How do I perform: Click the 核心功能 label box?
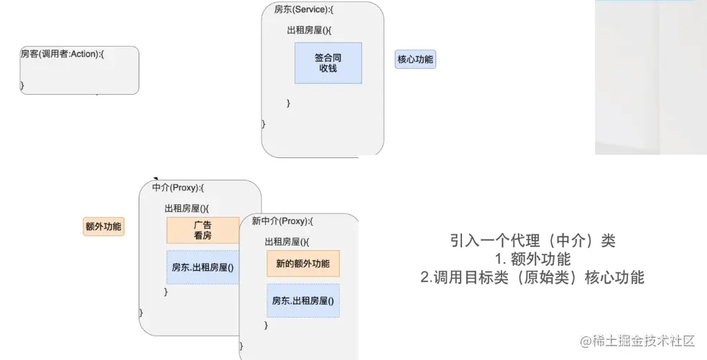(415, 60)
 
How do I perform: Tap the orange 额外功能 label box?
(103, 227)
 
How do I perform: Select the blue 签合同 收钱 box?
(328, 63)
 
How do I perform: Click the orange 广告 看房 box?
(203, 230)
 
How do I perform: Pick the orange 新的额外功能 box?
(302, 264)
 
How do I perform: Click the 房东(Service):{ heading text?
(304, 10)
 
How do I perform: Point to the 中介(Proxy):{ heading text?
(179, 188)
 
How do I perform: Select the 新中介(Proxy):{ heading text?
(282, 221)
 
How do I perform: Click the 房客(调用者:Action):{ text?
(63, 54)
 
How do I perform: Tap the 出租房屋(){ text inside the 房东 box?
(308, 30)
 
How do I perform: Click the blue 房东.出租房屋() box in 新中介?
(302, 301)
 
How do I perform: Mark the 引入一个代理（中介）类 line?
(532, 241)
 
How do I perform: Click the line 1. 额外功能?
(532, 259)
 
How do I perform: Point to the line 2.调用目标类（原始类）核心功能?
(532, 277)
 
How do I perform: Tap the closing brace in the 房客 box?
(22, 86)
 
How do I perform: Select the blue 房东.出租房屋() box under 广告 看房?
(203, 267)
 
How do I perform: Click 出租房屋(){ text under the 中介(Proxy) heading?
(186, 208)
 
